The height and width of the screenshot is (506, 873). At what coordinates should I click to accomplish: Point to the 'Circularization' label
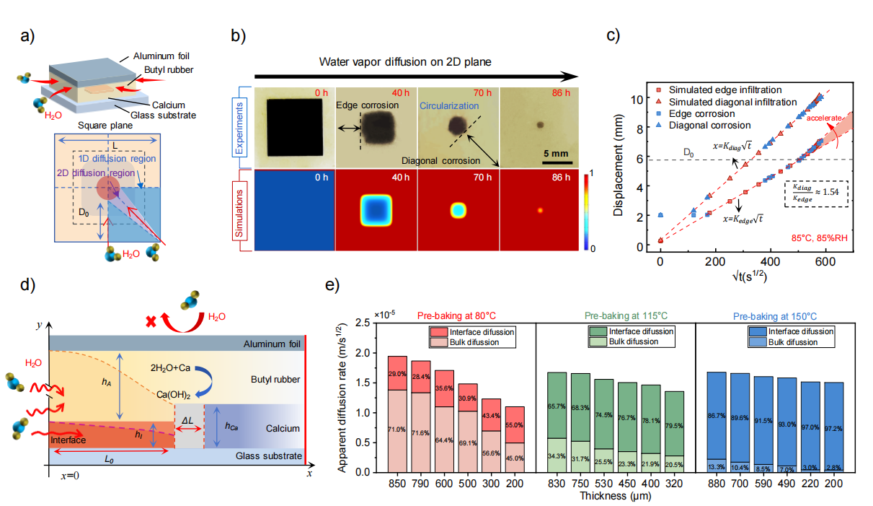(x=449, y=105)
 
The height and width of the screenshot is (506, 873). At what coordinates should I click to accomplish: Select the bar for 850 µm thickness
(x=396, y=414)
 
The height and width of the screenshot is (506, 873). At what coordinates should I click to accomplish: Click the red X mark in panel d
(x=151, y=320)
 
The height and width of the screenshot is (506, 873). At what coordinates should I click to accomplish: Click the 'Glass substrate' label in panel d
(x=272, y=455)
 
